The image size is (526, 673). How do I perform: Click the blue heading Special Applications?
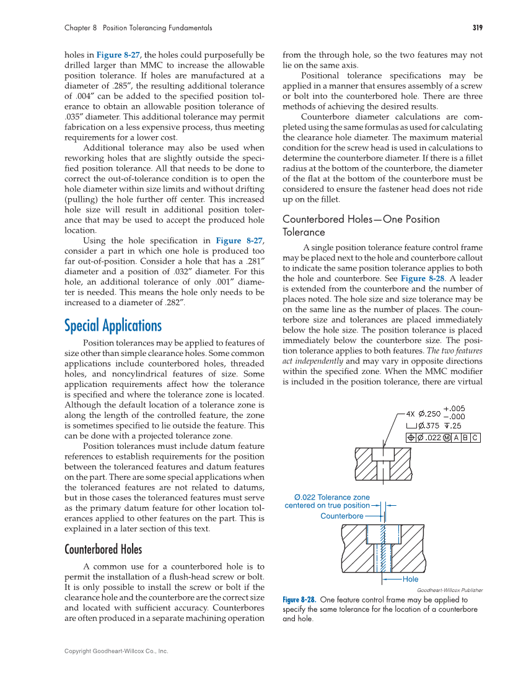[x=113, y=326]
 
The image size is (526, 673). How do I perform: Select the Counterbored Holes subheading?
[x=103, y=549]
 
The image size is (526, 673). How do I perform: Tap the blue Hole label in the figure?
[x=410, y=579]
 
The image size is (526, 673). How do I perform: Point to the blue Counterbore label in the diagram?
[x=341, y=516]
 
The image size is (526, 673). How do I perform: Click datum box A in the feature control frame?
[x=456, y=437]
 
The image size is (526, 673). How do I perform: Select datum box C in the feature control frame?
[x=475, y=437]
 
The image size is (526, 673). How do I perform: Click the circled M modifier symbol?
[x=446, y=437]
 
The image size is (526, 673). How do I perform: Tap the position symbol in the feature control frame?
[x=411, y=437]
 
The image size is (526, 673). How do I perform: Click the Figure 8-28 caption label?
[x=299, y=600]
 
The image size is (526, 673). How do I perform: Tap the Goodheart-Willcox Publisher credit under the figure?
[x=449, y=590]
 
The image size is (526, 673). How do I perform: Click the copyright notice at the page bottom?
[x=116, y=651]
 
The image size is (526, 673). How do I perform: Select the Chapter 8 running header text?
[x=138, y=28]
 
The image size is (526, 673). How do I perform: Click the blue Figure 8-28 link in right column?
[x=421, y=279]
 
